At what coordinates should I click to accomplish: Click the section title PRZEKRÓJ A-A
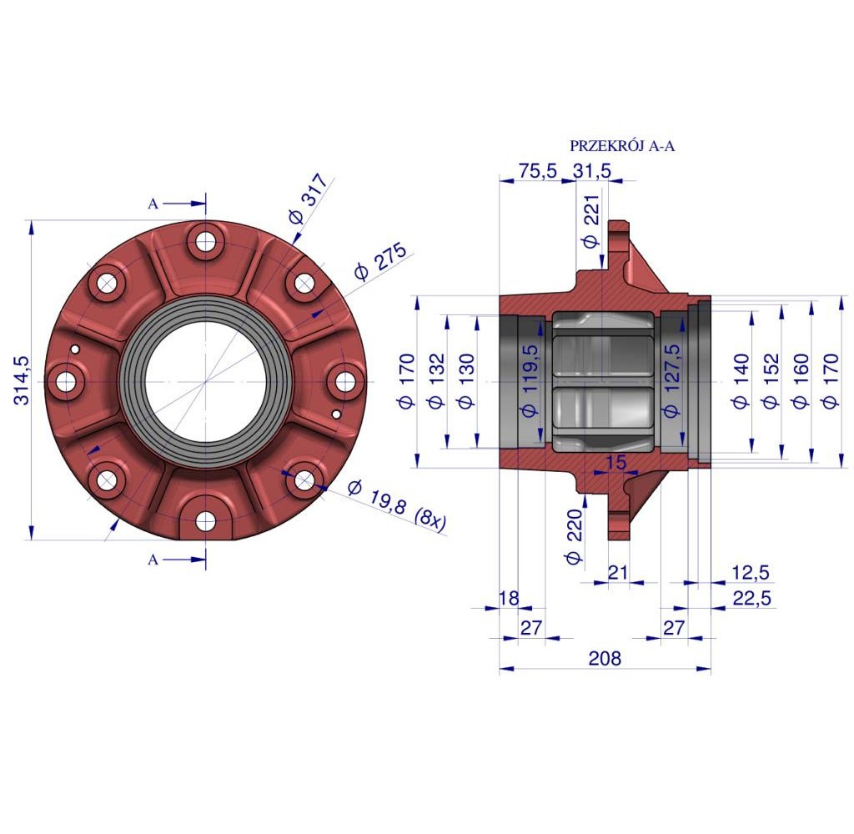pos(621,145)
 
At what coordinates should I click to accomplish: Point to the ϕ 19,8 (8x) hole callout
pos(396,505)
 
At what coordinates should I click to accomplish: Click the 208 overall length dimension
pos(605,659)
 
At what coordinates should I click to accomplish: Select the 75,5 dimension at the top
pos(537,171)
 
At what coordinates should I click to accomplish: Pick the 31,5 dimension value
pos(592,171)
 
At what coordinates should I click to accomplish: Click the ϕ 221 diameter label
pos(590,226)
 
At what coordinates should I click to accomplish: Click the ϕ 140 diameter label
pos(739,380)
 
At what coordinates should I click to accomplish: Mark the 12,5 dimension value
pos(750,572)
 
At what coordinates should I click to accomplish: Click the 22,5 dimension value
pos(750,597)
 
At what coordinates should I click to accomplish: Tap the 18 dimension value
pos(509,597)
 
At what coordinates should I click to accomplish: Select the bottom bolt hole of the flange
pos(205,522)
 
